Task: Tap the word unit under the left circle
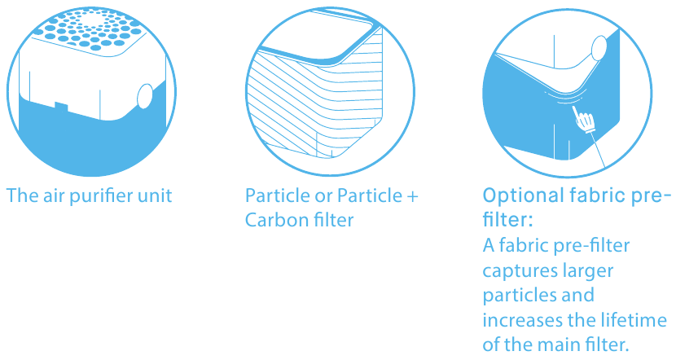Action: point(155,195)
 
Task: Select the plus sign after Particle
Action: point(412,196)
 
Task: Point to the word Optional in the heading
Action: point(524,196)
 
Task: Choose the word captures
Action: point(513,271)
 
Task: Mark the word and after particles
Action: point(578,296)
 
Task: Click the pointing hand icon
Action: point(583,119)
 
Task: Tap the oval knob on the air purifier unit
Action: point(145,96)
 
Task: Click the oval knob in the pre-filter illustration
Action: point(600,48)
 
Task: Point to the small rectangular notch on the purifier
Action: point(61,106)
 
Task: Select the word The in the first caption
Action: point(22,195)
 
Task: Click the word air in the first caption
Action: point(54,195)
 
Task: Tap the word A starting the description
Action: point(489,246)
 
